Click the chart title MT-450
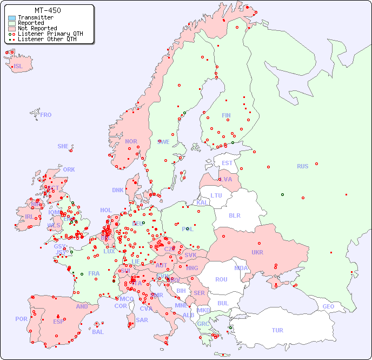[48, 10]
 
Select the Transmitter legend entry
[35, 18]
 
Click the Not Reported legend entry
[37, 28]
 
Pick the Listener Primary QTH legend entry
[50, 34]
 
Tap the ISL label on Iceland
[18, 67]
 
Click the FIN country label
[226, 115]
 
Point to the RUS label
[302, 166]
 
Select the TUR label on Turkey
[277, 330]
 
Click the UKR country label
[257, 252]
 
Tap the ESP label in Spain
[58, 321]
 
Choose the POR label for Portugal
[21, 319]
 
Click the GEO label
[328, 306]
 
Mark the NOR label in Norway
[131, 141]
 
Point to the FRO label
[45, 115]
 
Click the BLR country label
[234, 215]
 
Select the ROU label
[221, 279]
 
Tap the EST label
[227, 163]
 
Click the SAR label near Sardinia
[142, 320]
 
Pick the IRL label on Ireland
[29, 216]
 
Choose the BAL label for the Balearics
[97, 332]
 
